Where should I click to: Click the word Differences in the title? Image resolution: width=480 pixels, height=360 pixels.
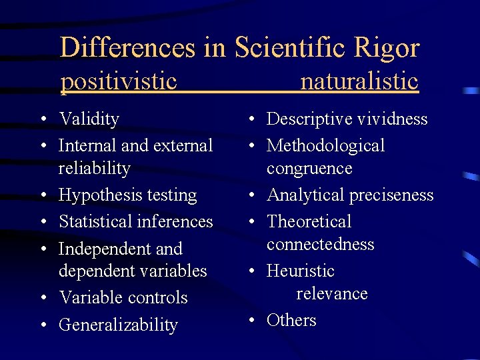pos(127,48)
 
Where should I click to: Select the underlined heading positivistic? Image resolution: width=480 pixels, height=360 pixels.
pos(119,81)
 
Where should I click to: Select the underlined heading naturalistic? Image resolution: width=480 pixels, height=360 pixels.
pos(359,81)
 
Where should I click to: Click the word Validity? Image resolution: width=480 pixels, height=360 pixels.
pos(89,119)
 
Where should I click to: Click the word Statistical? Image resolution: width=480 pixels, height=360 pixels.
pos(93,221)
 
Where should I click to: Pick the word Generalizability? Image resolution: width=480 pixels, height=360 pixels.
pos(118,325)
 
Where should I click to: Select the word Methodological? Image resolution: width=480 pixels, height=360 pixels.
pos(325,145)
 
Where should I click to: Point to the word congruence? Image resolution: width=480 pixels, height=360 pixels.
pos(309,169)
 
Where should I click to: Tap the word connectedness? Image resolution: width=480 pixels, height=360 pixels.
pos(320,245)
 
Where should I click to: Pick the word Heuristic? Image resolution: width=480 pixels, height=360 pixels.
pos(300,271)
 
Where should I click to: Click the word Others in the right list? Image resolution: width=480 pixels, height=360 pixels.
pos(291,321)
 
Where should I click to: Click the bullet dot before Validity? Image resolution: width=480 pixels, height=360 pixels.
pos(42,120)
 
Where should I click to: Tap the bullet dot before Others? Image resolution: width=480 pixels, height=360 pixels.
pos(250,321)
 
